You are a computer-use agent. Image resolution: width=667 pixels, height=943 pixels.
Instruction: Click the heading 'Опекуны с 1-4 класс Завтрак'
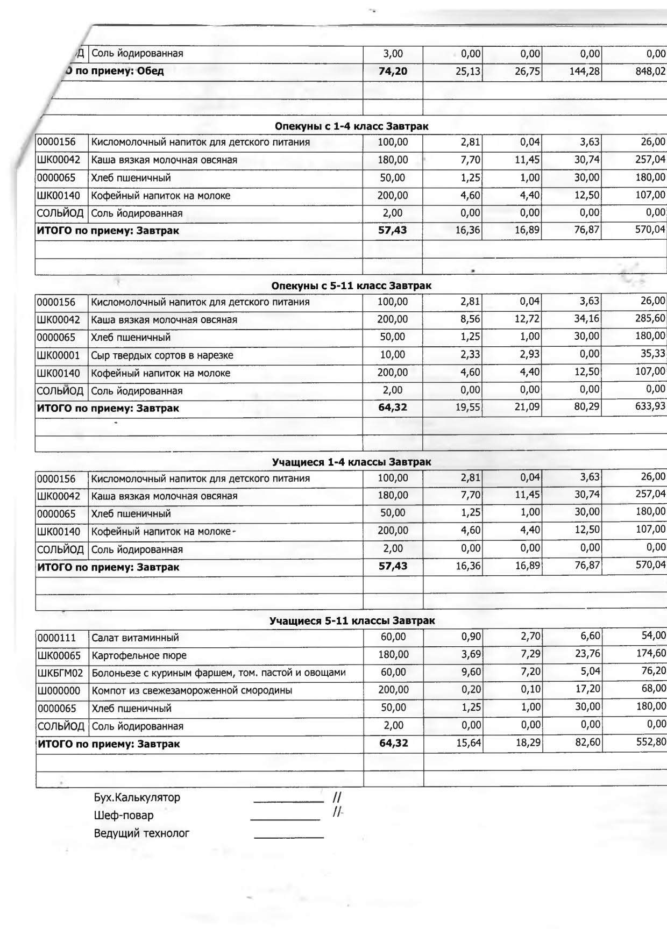click(x=351, y=126)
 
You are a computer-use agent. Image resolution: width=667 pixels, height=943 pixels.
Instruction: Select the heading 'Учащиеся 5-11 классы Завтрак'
click(x=352, y=621)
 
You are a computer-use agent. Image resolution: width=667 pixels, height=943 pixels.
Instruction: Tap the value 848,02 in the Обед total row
click(x=650, y=71)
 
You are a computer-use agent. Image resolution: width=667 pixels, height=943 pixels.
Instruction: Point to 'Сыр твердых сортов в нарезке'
click(x=162, y=355)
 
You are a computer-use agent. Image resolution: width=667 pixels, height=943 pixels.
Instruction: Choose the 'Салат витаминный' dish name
click(x=135, y=638)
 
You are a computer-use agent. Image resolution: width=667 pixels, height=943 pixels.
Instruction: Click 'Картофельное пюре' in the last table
click(x=139, y=656)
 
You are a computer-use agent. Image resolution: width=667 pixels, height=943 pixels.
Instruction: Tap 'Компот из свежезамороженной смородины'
click(x=192, y=690)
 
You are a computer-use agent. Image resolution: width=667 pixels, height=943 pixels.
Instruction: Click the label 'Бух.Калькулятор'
click(x=137, y=797)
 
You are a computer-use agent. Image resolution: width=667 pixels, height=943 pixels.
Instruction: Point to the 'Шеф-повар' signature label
click(x=124, y=815)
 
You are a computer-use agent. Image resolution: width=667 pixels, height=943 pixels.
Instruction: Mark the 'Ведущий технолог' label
click(x=141, y=833)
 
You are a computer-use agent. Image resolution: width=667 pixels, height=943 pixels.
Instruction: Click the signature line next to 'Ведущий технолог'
click(x=288, y=837)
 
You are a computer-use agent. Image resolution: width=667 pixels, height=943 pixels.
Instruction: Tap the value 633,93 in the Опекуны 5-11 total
click(x=650, y=406)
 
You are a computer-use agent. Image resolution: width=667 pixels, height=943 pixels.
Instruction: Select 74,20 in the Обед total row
click(x=393, y=71)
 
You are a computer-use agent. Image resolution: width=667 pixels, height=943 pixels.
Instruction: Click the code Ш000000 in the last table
click(x=59, y=691)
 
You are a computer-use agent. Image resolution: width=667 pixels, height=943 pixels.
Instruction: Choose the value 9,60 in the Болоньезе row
click(x=471, y=671)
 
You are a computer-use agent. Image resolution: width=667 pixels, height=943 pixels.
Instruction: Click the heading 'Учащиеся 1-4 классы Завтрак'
click(x=351, y=462)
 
